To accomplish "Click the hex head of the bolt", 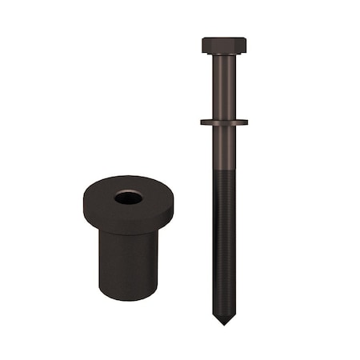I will [224, 45].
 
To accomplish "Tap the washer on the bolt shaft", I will [224, 122].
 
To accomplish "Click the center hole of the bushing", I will [128, 197].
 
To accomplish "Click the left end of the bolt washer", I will [202, 122].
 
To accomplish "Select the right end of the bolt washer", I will [246, 122].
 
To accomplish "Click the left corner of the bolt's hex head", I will [203, 45].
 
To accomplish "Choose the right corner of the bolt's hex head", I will [246, 45].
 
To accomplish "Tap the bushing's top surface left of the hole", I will [100, 197].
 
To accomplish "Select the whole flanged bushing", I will [128, 240].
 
